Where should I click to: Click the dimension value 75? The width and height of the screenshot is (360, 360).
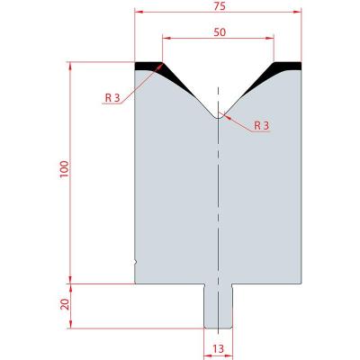click(220, 6)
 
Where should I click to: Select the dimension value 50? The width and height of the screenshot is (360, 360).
click(220, 32)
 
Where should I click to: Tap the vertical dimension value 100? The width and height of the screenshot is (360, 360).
click(65, 169)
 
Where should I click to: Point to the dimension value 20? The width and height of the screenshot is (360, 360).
click(65, 304)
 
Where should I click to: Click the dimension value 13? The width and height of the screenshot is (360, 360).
click(219, 349)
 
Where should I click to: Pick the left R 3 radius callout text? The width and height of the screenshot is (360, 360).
click(112, 97)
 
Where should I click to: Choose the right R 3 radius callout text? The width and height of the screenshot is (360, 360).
click(262, 126)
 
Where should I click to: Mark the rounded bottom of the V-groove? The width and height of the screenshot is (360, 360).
click(218, 118)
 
